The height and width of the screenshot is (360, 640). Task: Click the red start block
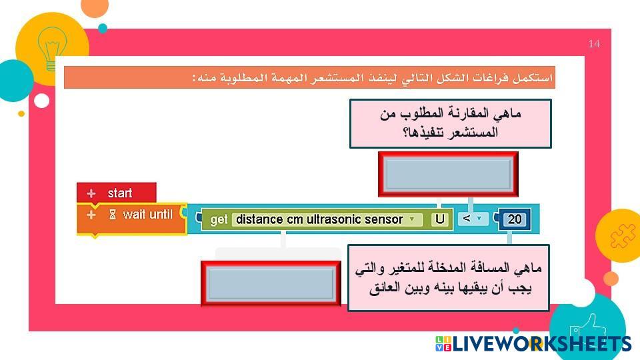point(116,193)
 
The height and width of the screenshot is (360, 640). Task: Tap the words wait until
point(148,214)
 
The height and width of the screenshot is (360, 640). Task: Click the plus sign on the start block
point(91,193)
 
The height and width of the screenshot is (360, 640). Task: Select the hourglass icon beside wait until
point(113,215)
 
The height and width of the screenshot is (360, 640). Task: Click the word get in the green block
point(219,219)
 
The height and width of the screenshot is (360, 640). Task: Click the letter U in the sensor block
point(439,219)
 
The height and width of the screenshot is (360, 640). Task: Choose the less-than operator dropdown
point(472,219)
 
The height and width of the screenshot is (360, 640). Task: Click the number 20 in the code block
point(514,219)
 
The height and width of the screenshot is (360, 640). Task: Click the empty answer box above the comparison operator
point(448,174)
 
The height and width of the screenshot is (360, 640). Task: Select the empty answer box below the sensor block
point(271,283)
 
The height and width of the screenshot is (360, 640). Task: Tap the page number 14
point(594,44)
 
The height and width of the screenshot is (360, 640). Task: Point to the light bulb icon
point(52,49)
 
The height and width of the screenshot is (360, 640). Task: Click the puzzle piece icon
point(623,236)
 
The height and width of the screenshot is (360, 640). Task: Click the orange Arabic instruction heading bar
point(309,77)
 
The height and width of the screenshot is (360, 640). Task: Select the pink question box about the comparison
point(451,123)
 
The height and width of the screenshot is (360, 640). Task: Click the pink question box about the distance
point(449,277)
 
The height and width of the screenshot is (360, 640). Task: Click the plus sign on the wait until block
point(91,215)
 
